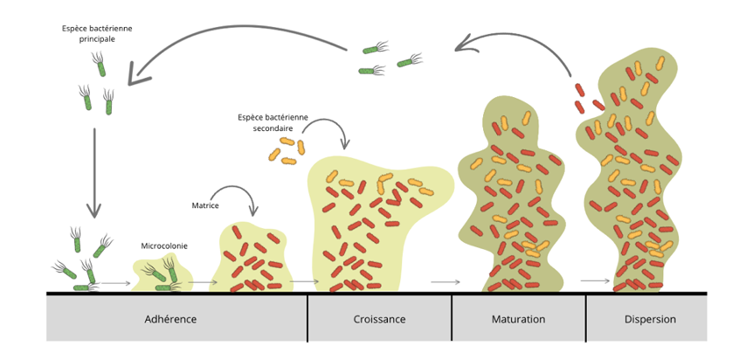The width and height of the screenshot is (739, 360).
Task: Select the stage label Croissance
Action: click(x=378, y=319)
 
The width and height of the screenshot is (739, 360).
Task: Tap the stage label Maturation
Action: click(x=518, y=319)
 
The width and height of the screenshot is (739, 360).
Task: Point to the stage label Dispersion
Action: click(x=650, y=319)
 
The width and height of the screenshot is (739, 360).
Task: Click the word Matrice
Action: click(x=205, y=205)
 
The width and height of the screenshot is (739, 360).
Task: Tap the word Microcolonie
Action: click(x=165, y=246)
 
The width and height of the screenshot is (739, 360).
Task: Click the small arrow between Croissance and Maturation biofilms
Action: click(x=445, y=281)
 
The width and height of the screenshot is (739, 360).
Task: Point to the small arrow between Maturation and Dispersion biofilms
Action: click(x=594, y=281)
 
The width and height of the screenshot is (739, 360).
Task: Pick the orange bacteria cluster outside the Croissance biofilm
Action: click(x=287, y=150)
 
